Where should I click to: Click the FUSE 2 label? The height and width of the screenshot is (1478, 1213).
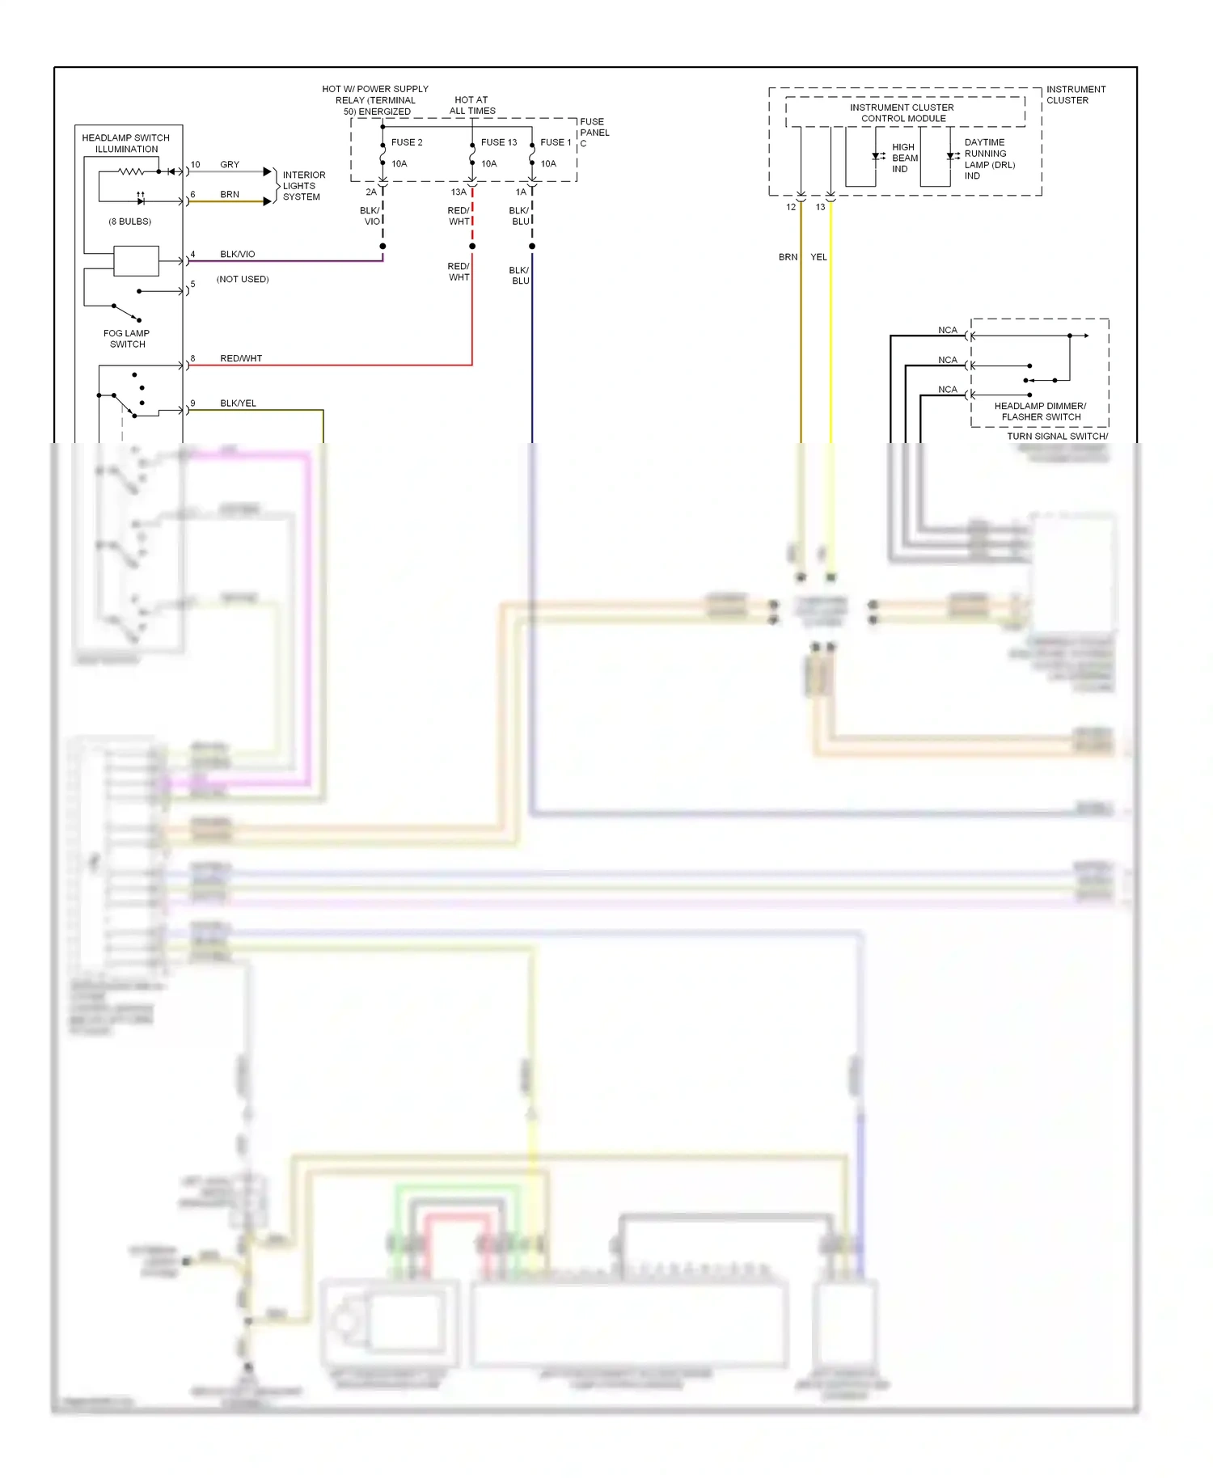click(x=407, y=142)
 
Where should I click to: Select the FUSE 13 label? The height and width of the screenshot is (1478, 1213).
click(x=498, y=142)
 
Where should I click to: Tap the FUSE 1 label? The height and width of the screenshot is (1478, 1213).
click(x=556, y=142)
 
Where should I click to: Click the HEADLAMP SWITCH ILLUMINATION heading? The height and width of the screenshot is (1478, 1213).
click(x=126, y=144)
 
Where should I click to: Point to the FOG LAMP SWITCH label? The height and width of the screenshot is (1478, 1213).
click(x=127, y=339)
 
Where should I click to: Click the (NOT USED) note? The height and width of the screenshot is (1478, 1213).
click(x=243, y=280)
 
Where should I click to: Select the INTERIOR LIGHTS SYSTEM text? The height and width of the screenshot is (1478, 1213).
click(x=303, y=186)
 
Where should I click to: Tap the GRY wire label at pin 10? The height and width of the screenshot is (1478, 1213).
click(x=230, y=165)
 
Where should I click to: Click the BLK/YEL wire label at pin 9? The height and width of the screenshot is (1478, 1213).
click(x=238, y=403)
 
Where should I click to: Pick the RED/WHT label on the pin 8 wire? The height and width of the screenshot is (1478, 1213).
click(x=241, y=359)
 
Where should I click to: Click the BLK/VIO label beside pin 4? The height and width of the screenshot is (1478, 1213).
click(x=237, y=255)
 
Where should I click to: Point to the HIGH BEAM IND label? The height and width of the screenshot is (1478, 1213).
click(x=904, y=158)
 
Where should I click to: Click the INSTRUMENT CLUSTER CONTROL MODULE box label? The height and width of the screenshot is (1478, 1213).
click(x=902, y=113)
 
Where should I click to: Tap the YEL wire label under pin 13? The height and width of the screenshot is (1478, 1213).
click(x=818, y=257)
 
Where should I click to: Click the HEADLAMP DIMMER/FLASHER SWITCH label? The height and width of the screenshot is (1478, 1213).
click(x=1040, y=412)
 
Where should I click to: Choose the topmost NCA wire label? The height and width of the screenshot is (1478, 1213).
click(x=947, y=331)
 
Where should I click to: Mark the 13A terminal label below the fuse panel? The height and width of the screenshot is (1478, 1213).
click(x=459, y=192)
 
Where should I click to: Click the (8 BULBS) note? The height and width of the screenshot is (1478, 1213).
click(x=129, y=222)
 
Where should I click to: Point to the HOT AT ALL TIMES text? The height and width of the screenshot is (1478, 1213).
click(x=472, y=106)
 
